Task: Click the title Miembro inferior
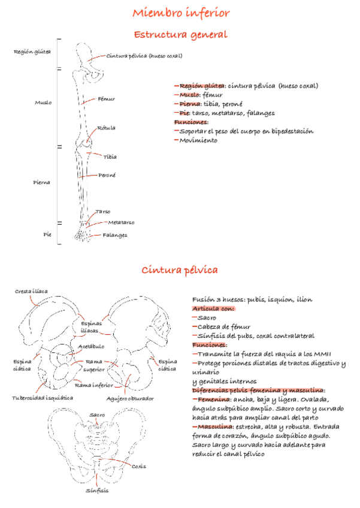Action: tap(180, 13)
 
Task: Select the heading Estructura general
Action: tap(180, 35)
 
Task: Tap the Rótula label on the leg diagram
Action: tap(107, 128)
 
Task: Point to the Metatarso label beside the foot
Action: tap(121, 223)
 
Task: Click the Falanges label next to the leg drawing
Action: tap(115, 235)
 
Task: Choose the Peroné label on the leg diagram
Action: tap(107, 176)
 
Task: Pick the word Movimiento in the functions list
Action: tap(198, 141)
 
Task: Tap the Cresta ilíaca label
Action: tap(31, 292)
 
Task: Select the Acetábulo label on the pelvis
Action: tap(91, 346)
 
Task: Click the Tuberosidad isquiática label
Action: tap(43, 397)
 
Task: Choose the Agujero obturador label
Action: tap(130, 398)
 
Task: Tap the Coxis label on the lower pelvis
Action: tap(138, 465)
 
